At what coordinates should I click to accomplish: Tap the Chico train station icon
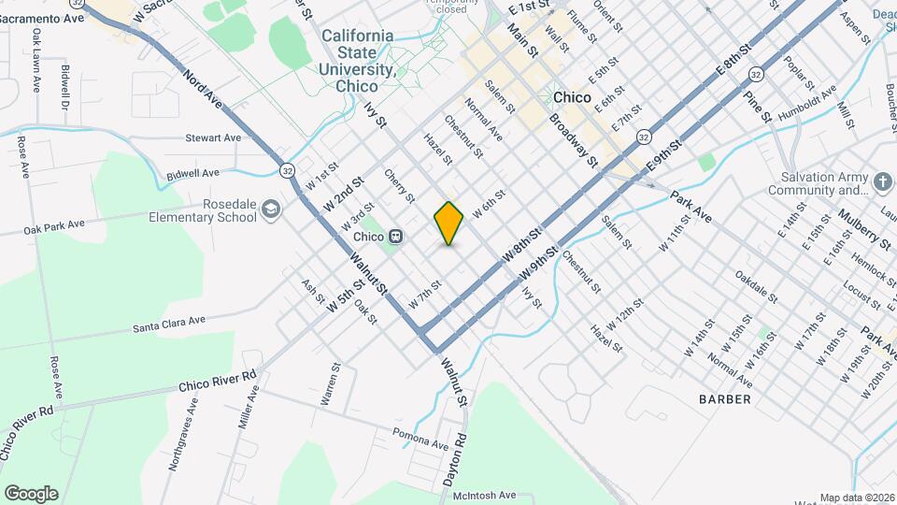click(x=396, y=236)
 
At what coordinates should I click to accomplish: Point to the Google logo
click(x=31, y=494)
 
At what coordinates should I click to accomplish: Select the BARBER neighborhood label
click(x=724, y=399)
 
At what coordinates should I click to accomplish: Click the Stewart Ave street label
click(x=213, y=138)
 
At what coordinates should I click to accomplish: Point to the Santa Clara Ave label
click(x=168, y=323)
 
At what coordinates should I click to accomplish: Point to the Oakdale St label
click(x=755, y=287)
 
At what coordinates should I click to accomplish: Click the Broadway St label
click(x=573, y=140)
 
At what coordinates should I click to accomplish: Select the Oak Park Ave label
click(x=54, y=225)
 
